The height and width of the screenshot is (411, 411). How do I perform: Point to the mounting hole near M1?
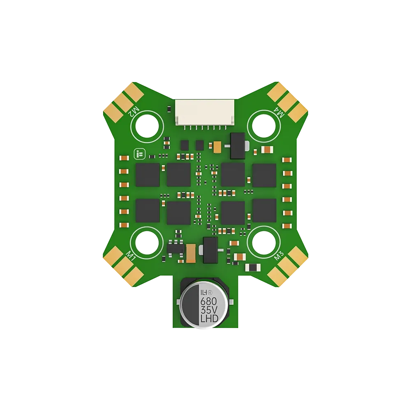[147, 243]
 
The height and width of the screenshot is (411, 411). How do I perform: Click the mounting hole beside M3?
[263, 243]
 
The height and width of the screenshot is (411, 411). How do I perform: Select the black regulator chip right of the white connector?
[238, 145]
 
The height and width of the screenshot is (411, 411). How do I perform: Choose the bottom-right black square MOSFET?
[264, 210]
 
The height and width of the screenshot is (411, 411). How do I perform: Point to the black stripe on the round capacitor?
[190, 305]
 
